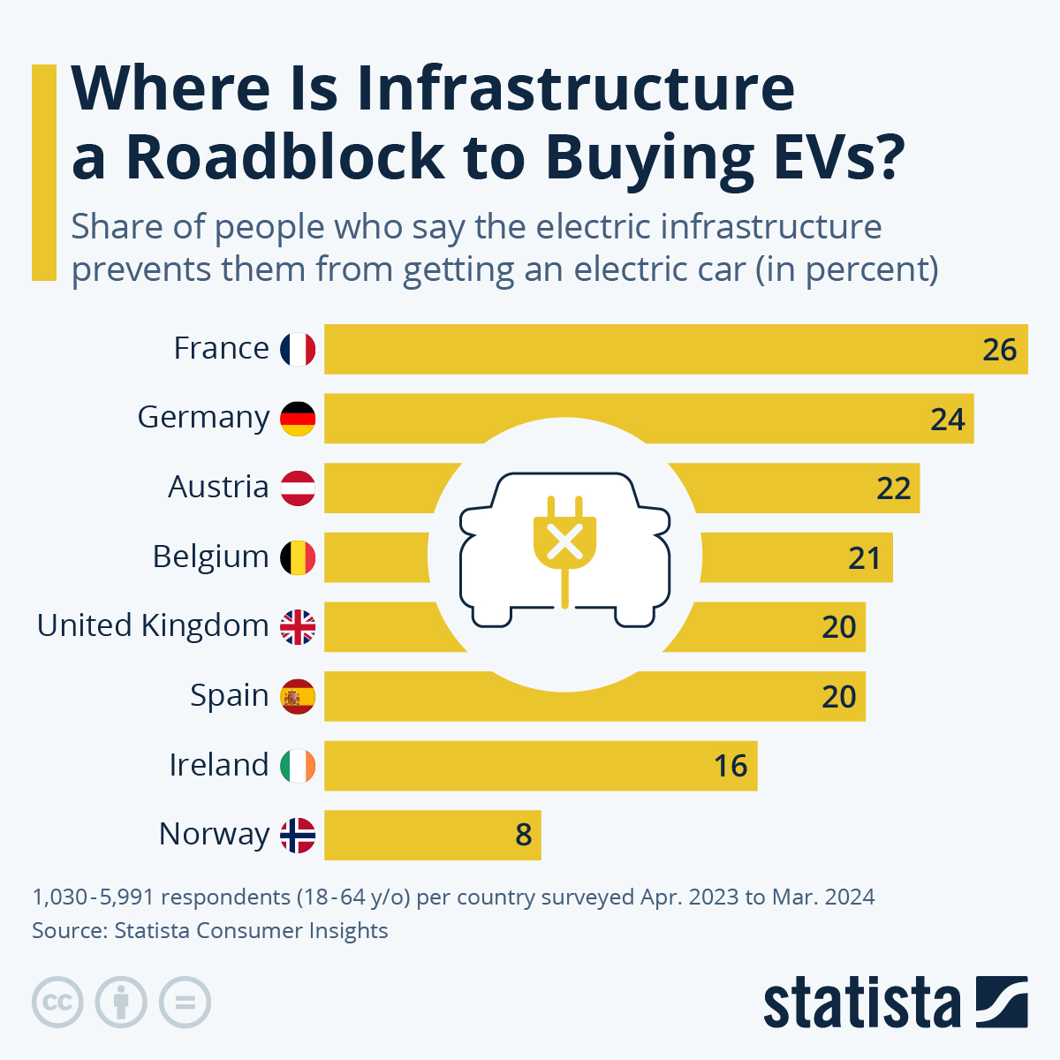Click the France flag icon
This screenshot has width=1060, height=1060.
click(x=298, y=349)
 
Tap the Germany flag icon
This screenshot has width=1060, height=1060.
click(x=298, y=418)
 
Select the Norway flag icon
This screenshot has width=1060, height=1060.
click(x=298, y=835)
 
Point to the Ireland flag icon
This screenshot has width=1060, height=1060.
click(x=298, y=766)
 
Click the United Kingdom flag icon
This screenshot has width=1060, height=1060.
click(x=298, y=627)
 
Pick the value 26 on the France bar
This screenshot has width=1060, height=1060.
click(x=999, y=350)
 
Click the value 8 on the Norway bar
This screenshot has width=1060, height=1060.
click(x=524, y=835)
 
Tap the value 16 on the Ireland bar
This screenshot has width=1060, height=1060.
click(x=731, y=766)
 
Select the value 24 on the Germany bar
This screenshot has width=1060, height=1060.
click(x=947, y=419)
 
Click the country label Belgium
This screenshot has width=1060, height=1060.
click(x=210, y=557)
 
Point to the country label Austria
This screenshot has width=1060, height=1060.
click(x=218, y=488)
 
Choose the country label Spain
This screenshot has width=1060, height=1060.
click(x=229, y=696)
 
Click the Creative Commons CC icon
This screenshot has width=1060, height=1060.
click(x=57, y=1003)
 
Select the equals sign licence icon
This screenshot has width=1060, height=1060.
click(x=185, y=1003)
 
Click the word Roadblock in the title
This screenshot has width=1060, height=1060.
click(x=285, y=156)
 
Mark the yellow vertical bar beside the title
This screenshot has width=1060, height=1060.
click(x=44, y=172)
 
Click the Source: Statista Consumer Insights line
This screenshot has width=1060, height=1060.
click(x=210, y=931)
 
